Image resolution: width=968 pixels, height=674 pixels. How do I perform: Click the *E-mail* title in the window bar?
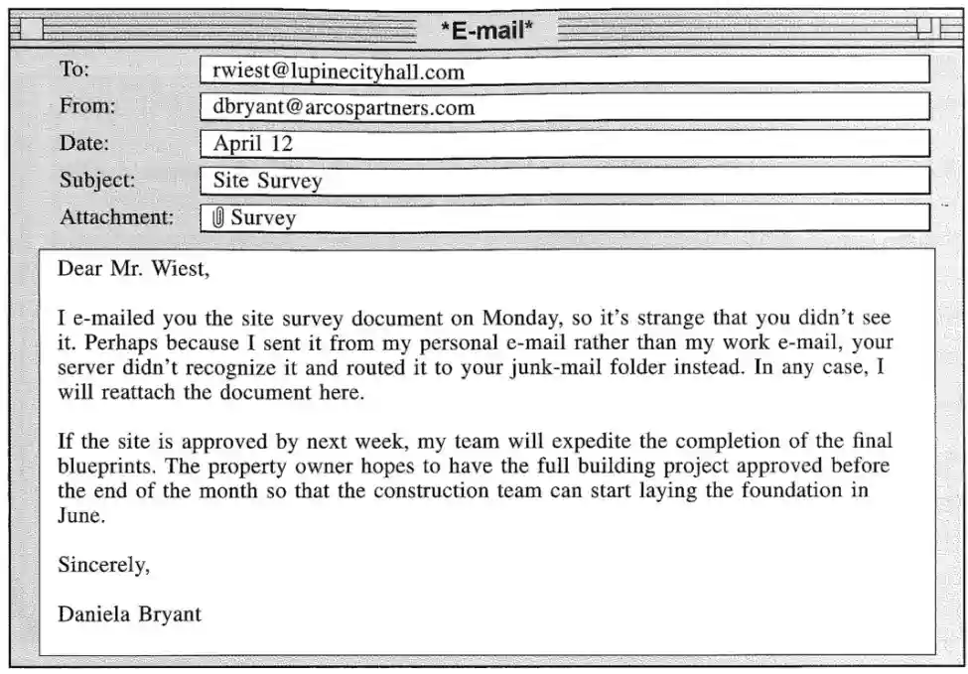point(486,31)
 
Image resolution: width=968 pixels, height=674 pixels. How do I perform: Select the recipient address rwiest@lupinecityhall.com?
point(339,71)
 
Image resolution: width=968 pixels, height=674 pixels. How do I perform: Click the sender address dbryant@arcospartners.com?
point(344,107)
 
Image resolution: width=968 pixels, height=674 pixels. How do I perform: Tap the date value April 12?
point(253,144)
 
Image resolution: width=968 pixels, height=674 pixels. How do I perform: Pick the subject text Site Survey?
point(267,182)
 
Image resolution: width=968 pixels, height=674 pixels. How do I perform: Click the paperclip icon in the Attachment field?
point(218,217)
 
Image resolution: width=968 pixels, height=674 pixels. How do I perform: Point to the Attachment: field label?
point(116,217)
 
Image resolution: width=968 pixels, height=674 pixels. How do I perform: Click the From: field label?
point(87,106)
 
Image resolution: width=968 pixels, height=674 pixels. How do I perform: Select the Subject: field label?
point(97,181)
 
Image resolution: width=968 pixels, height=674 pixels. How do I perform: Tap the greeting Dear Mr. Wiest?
point(134,268)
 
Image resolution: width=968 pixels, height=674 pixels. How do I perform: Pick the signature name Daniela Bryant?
point(129,614)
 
